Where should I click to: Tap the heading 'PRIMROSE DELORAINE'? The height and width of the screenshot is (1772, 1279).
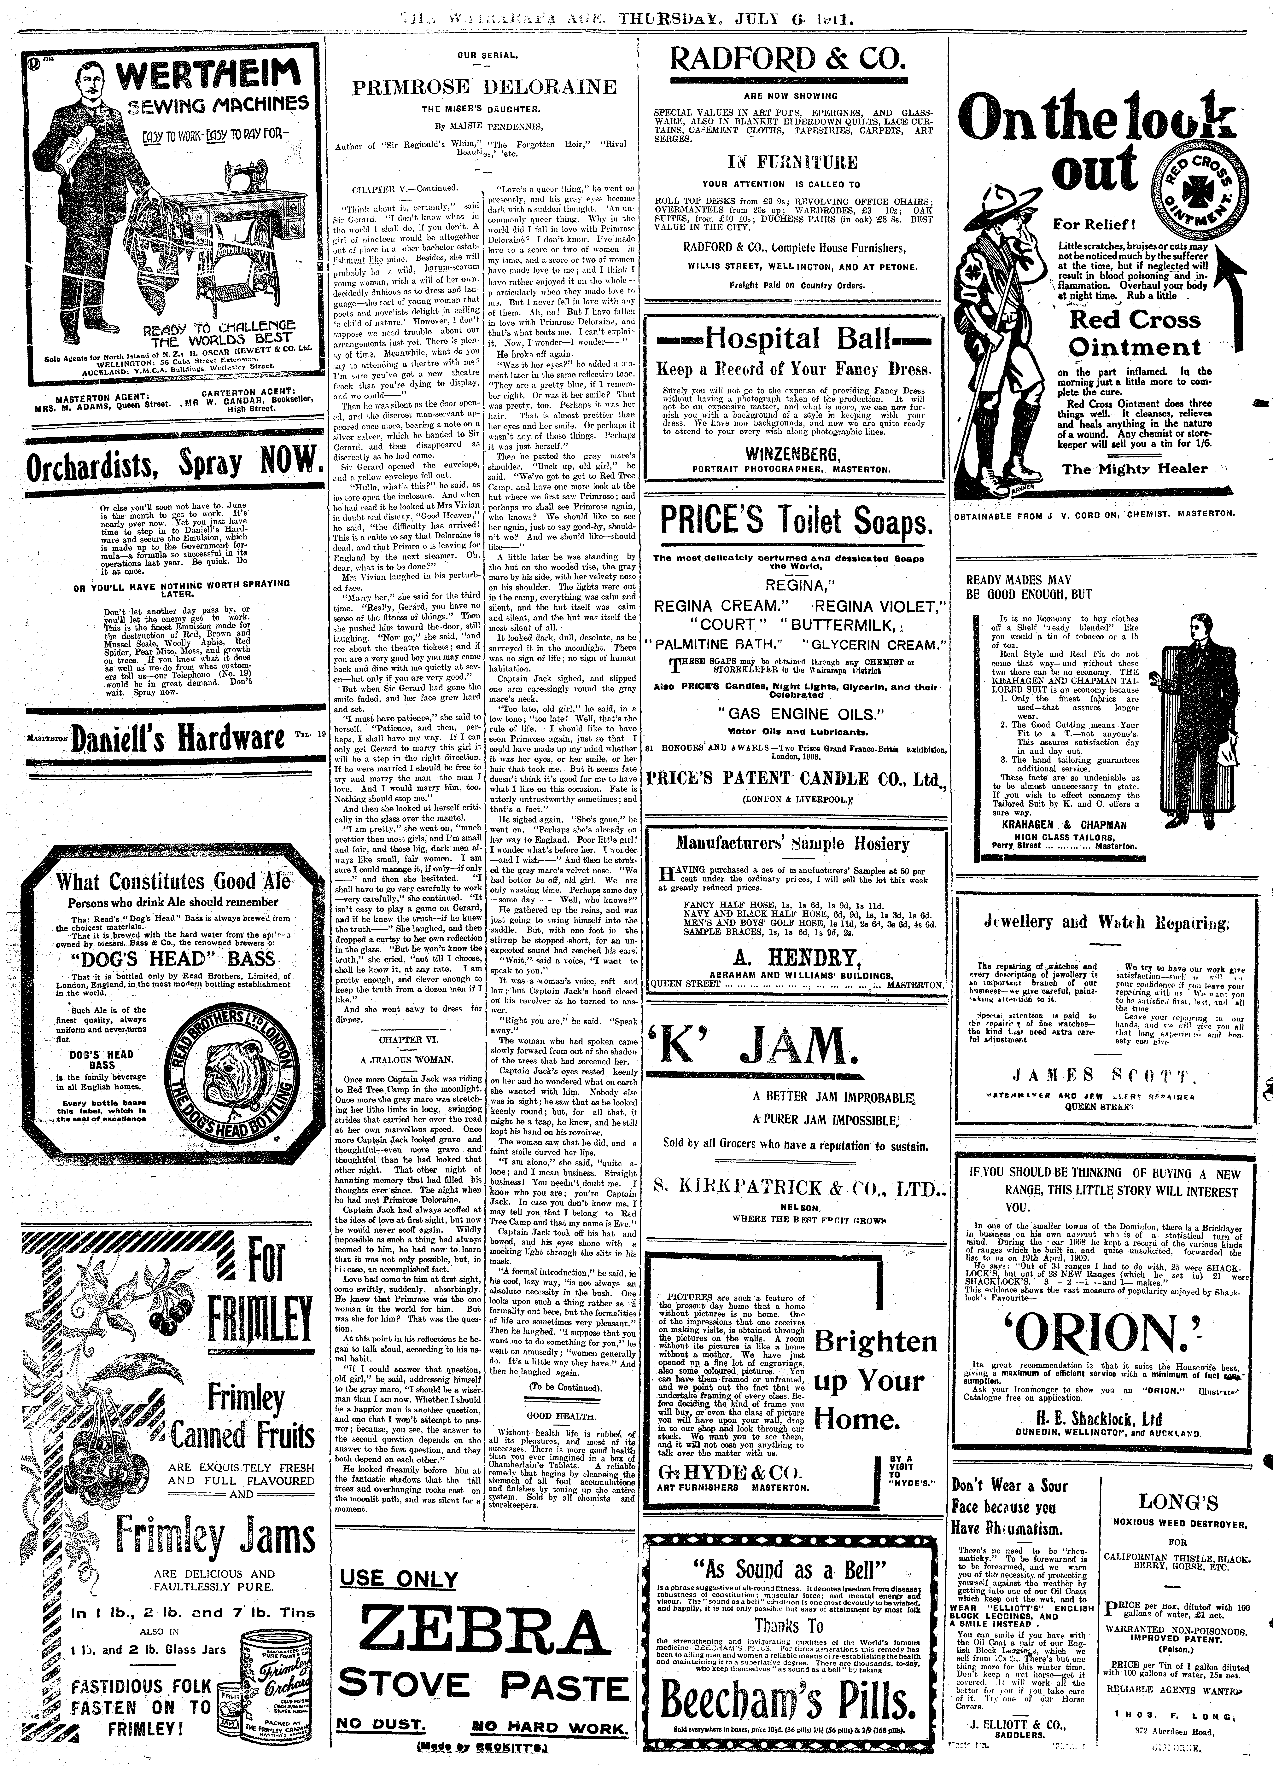click(484, 87)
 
